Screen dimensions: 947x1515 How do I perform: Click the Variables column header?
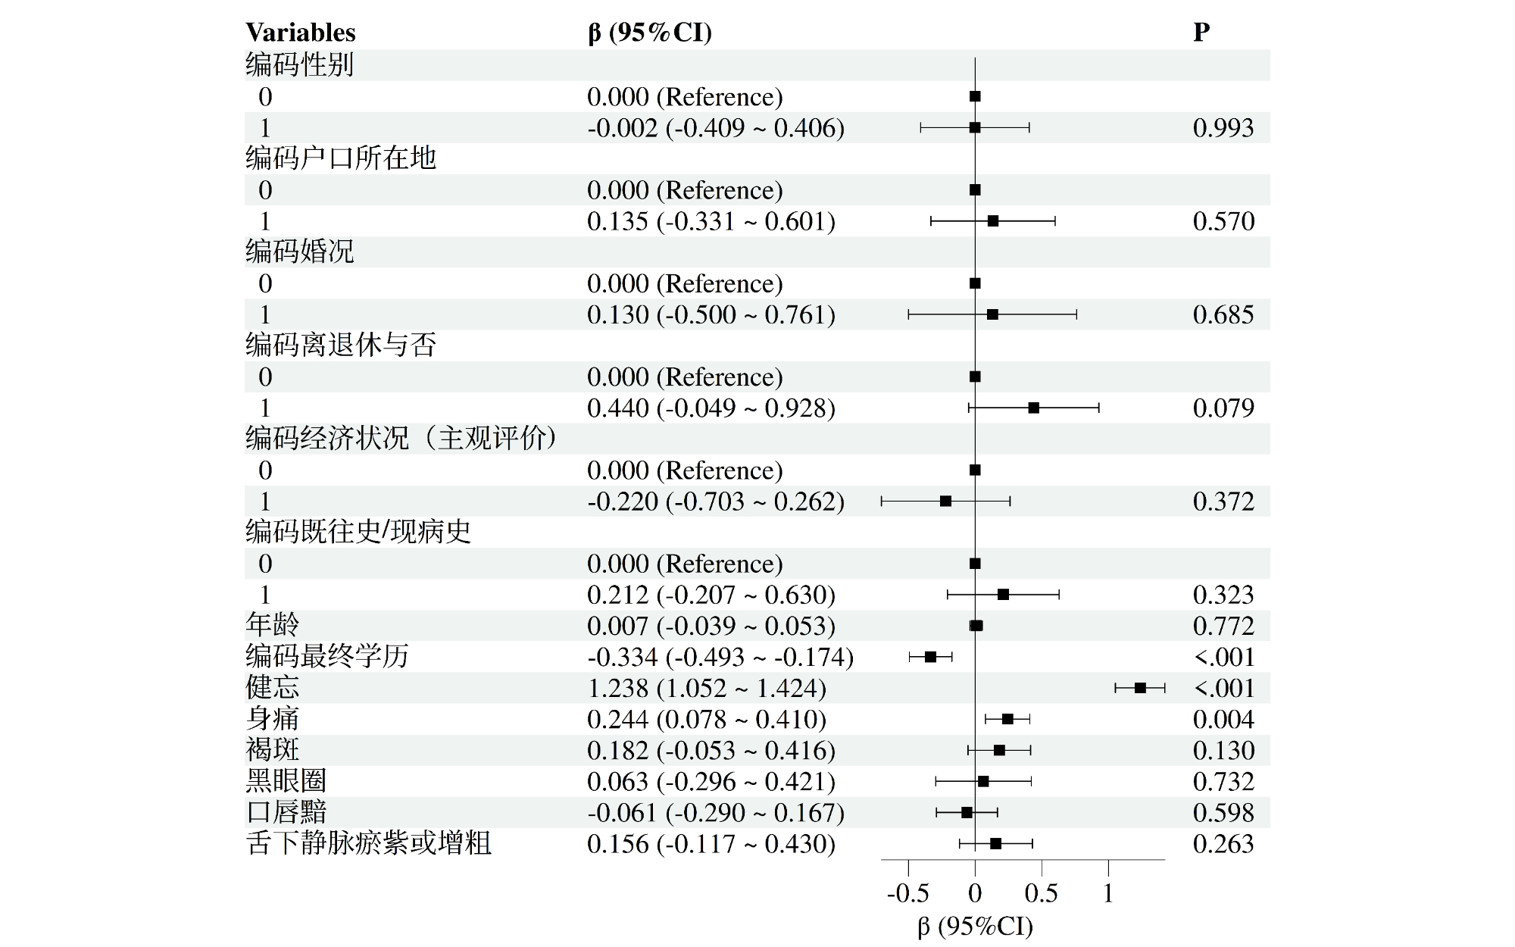pos(300,33)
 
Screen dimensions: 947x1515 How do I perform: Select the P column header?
pos(1201,33)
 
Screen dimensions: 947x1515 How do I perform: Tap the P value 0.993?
pos(1223,128)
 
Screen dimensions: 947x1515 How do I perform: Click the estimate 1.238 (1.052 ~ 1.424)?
pos(706,688)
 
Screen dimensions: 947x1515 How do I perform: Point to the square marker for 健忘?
pos(1140,688)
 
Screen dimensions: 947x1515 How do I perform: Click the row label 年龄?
pos(272,626)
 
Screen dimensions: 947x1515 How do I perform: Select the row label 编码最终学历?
pos(326,657)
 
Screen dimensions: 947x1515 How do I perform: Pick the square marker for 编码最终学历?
pos(931,657)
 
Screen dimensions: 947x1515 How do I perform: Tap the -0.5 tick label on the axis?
pos(907,893)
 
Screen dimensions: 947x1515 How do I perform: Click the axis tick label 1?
pos(1108,893)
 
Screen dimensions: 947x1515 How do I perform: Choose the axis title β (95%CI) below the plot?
pos(975,927)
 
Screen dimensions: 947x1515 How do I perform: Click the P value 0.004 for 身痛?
pos(1223,719)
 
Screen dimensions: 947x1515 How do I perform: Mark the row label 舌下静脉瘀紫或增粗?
pos(369,843)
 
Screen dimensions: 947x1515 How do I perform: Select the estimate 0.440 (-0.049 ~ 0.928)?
pos(711,408)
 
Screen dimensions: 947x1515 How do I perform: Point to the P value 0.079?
pos(1223,408)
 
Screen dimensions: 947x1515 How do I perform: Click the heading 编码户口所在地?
pos(341,158)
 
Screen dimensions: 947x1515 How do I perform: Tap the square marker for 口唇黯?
pos(967,812)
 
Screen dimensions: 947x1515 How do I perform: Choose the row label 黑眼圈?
pos(286,781)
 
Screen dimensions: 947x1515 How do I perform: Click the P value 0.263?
pos(1223,843)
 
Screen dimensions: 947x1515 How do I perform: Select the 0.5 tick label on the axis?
pos(1041,893)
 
